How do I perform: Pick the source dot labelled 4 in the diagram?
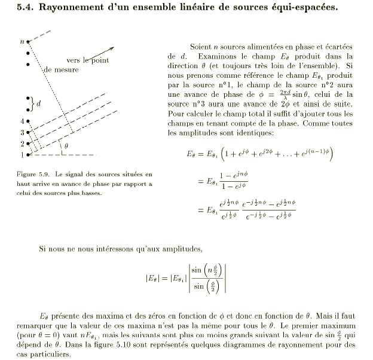click(x=27, y=121)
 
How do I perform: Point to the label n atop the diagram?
click(x=22, y=41)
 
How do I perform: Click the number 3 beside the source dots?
click(x=22, y=132)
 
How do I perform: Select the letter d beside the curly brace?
click(x=39, y=103)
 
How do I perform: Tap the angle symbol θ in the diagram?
click(x=66, y=145)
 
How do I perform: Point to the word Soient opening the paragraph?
click(x=201, y=47)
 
